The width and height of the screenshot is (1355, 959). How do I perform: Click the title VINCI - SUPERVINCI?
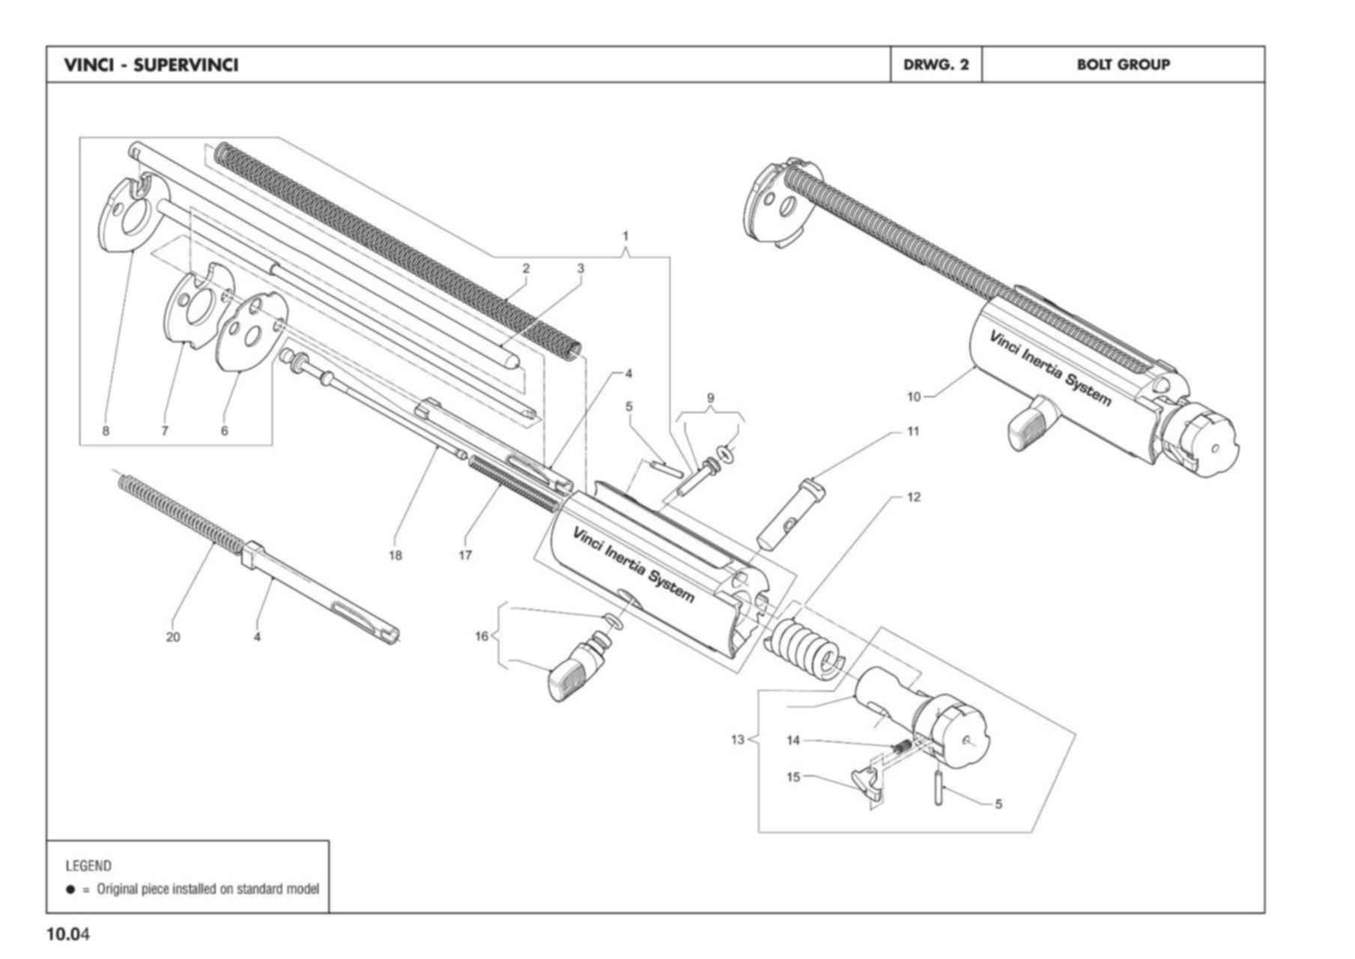pyautogui.click(x=151, y=65)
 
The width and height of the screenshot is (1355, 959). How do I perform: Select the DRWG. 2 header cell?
pyautogui.click(x=936, y=64)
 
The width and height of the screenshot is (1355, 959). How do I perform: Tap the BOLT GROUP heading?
pyautogui.click(x=1123, y=64)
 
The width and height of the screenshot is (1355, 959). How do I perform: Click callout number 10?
pyautogui.click(x=914, y=396)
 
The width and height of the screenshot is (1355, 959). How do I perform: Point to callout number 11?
pyautogui.click(x=913, y=431)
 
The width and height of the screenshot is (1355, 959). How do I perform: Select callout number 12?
pyautogui.click(x=914, y=497)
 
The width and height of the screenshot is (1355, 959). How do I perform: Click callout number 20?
pyautogui.click(x=173, y=637)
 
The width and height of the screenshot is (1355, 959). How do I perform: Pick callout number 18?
pyautogui.click(x=395, y=555)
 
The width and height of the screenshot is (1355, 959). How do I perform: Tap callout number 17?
pyautogui.click(x=465, y=555)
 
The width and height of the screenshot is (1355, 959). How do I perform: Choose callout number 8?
pyautogui.click(x=106, y=431)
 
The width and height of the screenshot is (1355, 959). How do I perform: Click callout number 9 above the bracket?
pyautogui.click(x=710, y=398)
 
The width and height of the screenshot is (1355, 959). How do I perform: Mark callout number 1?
pyautogui.click(x=626, y=236)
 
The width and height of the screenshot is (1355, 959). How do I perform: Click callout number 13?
pyautogui.click(x=738, y=740)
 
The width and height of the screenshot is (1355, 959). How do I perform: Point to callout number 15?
pyautogui.click(x=793, y=777)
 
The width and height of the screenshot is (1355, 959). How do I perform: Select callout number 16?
pyautogui.click(x=482, y=636)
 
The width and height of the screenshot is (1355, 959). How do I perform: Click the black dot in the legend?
pyautogui.click(x=71, y=889)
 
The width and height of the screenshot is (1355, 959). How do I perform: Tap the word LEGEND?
pyautogui.click(x=88, y=866)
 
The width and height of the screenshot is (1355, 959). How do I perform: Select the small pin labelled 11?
pyautogui.click(x=789, y=513)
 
